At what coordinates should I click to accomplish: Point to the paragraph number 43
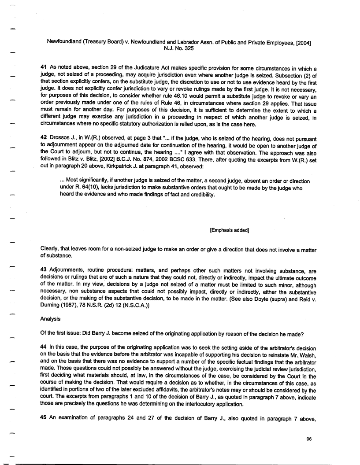(x=43, y=267)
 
